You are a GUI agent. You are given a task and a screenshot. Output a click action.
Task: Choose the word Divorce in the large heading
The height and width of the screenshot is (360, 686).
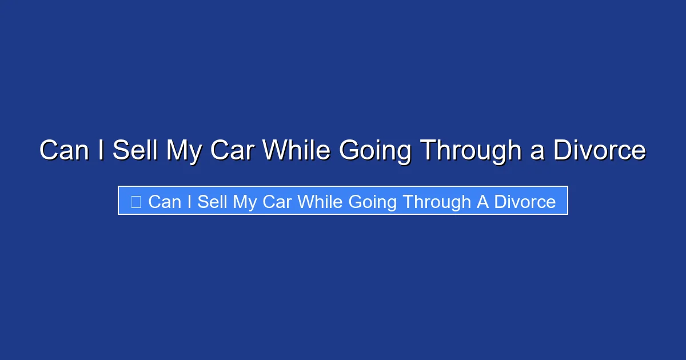click(x=600, y=151)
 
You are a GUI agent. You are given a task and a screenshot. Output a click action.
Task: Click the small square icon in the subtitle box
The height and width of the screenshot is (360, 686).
click(x=136, y=202)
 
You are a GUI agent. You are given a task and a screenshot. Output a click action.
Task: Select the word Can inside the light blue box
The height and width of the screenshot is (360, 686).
click(x=165, y=202)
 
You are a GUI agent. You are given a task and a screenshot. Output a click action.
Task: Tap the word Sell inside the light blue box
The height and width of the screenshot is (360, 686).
click(x=213, y=202)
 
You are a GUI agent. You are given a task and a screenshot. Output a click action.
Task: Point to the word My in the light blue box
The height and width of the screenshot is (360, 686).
click(x=245, y=202)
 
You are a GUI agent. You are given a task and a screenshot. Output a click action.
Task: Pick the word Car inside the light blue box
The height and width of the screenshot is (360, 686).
click(x=277, y=202)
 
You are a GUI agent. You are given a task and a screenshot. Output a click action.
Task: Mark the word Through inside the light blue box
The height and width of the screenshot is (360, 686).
click(x=437, y=202)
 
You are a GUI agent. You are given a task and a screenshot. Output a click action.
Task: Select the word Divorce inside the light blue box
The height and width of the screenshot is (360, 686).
click(x=525, y=202)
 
